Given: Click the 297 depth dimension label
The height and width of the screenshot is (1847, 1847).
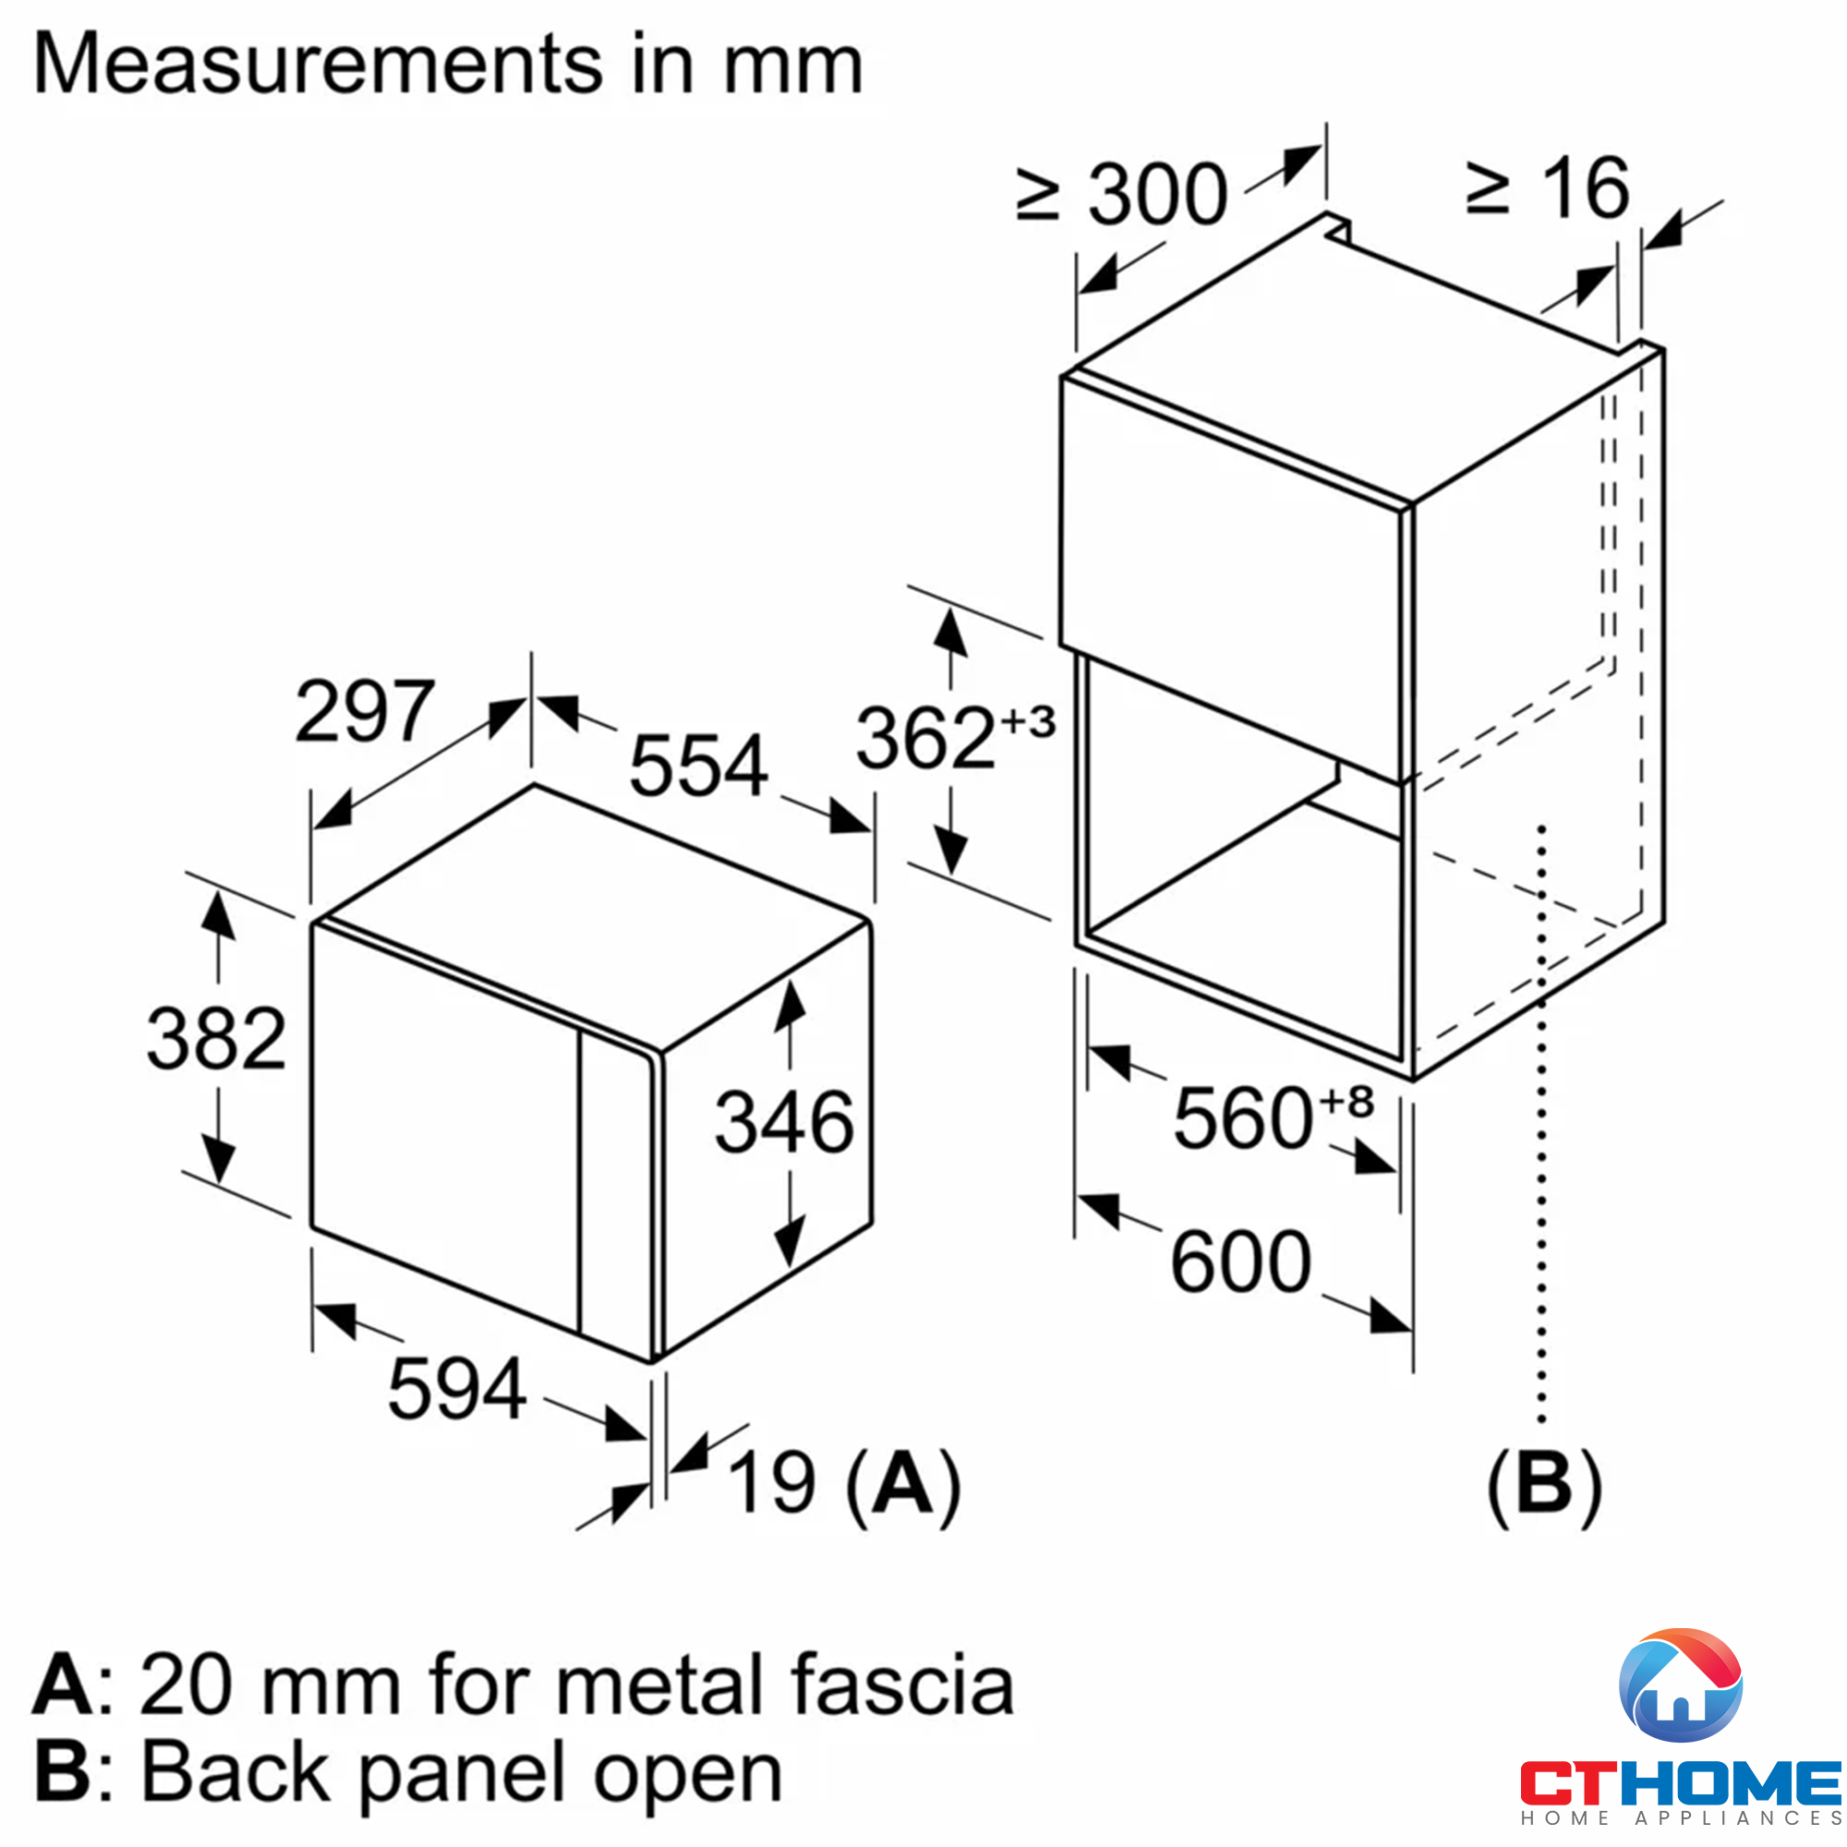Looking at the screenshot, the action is (365, 711).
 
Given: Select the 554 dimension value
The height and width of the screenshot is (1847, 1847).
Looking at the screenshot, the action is (699, 765).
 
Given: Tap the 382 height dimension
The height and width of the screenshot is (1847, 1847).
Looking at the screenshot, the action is (216, 1038).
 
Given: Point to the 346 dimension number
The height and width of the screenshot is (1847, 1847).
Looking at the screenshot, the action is (784, 1122).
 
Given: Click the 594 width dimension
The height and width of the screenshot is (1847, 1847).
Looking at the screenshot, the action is (457, 1389).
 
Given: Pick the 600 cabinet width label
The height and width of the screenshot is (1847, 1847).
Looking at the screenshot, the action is (1241, 1262).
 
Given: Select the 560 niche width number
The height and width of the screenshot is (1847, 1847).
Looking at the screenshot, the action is (1243, 1118).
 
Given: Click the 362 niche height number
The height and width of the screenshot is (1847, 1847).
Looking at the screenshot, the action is (925, 738).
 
